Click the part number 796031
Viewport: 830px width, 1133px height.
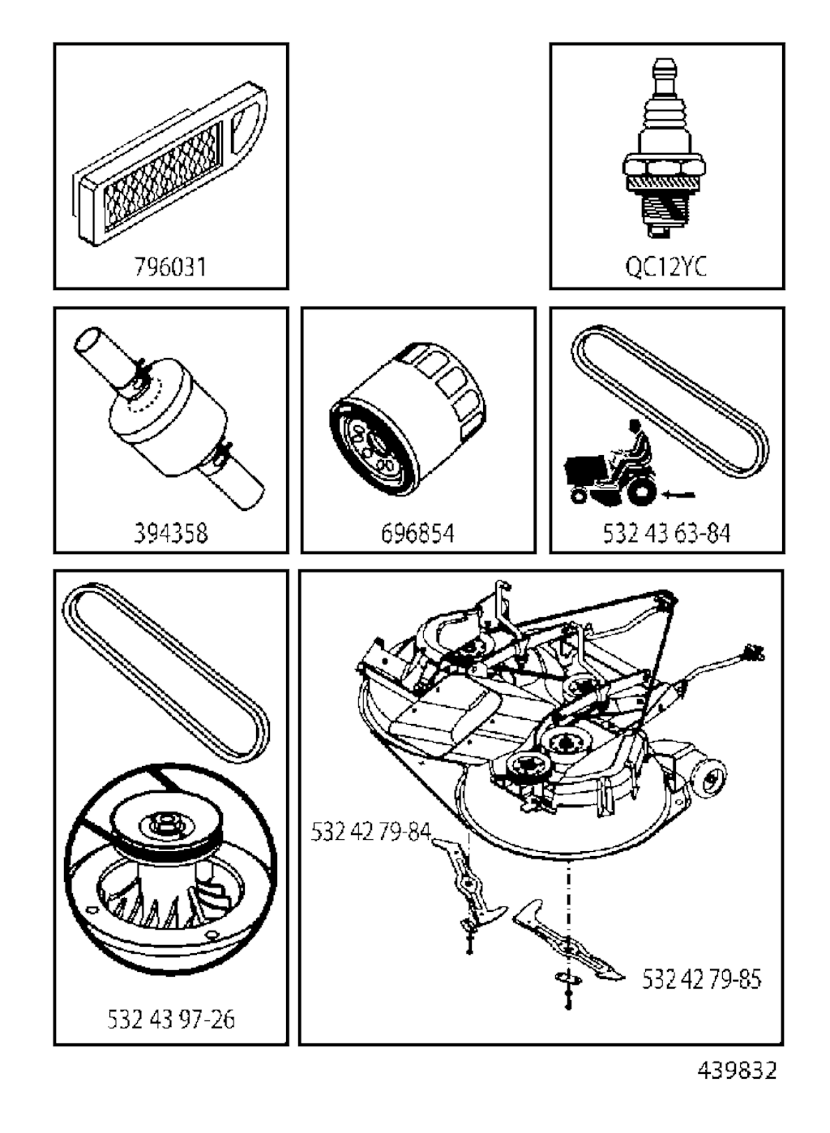coord(171,266)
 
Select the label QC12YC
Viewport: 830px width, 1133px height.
coord(666,266)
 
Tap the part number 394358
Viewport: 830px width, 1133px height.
coord(171,533)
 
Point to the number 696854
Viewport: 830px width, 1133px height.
coord(418,533)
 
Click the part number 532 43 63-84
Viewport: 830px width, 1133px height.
coord(667,533)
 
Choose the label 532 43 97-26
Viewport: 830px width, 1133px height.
coord(171,1019)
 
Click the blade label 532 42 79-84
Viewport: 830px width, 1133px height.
coord(371,831)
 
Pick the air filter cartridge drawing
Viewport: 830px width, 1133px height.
coord(169,164)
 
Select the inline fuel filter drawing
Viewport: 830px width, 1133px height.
coord(169,417)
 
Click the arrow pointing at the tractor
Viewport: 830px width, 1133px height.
coord(678,495)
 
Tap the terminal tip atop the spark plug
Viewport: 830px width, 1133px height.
coord(664,70)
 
